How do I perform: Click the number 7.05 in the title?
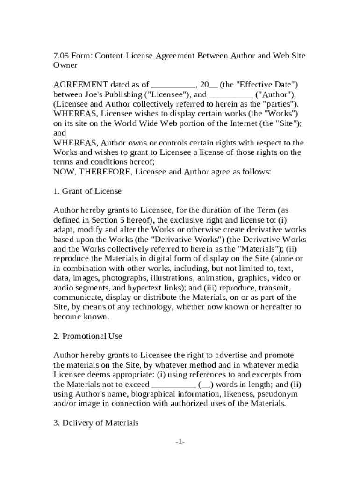point(61,56)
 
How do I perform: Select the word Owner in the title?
point(65,65)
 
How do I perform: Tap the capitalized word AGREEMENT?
point(81,85)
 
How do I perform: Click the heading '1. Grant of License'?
point(87,191)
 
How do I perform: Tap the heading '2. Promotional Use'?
point(88,336)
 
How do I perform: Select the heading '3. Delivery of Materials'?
point(96,423)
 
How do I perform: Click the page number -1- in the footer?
point(180,442)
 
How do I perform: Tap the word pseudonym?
point(279,394)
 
